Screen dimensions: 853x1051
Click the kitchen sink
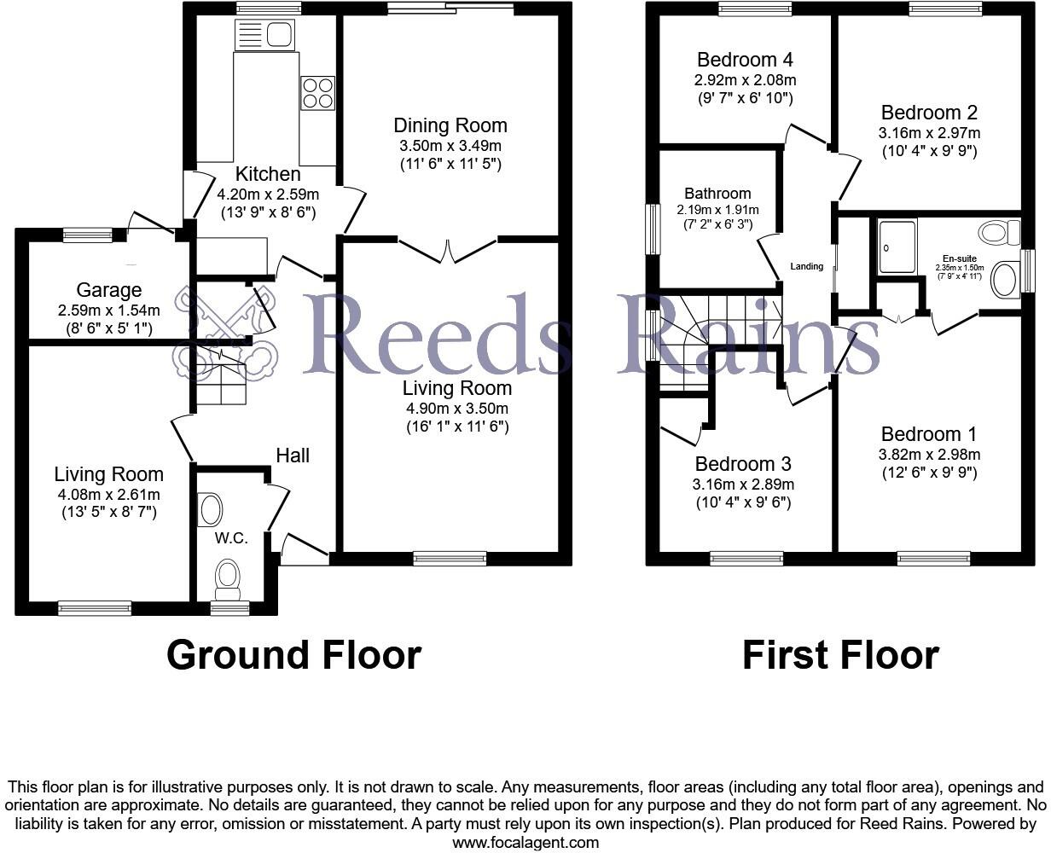tap(265, 35)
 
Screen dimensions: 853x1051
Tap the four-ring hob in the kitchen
tap(316, 92)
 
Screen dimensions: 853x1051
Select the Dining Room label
tap(450, 125)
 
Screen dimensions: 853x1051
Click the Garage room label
tap(109, 291)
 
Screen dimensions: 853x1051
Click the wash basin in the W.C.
tap(210, 510)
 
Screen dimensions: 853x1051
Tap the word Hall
tap(293, 456)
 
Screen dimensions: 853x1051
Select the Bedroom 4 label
tap(745, 60)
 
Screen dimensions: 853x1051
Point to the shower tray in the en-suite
tap(897, 246)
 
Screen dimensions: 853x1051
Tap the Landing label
tap(807, 266)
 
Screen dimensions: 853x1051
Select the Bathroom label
tap(717, 194)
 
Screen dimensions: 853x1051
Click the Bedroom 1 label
tap(929, 434)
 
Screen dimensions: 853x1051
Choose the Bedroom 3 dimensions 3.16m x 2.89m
tap(743, 485)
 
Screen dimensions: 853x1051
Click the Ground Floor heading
tap(293, 655)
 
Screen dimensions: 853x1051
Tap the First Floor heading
tap(840, 655)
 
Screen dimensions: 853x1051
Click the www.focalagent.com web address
tap(525, 843)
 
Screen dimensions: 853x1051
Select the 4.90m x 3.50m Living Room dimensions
tap(457, 408)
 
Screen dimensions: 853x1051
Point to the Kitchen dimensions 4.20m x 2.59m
tap(268, 194)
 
